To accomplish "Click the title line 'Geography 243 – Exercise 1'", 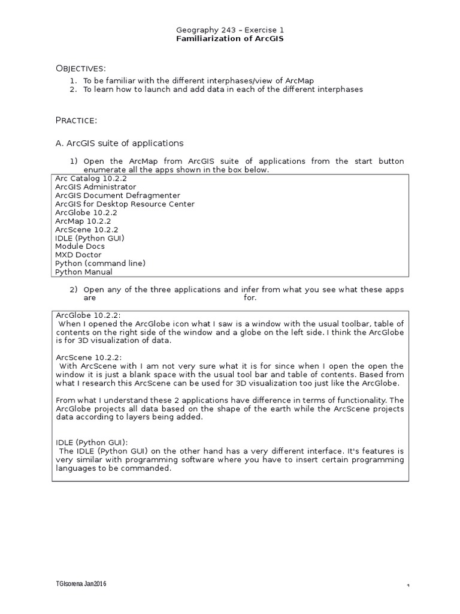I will pos(230,29).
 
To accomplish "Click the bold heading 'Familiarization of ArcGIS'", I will pos(230,38).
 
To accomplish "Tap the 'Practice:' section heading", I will pos(76,121).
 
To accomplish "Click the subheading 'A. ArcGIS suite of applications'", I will pos(119,143).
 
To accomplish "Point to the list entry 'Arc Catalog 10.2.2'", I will pos(91,179).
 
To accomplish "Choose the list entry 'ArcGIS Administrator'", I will pos(95,187).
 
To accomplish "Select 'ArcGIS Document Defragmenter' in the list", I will pos(117,195).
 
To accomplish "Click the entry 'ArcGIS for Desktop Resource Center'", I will pos(125,204).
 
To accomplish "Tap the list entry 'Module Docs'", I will pos(80,246).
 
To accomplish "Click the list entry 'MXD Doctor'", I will pos(78,255).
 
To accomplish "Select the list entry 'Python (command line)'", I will pos(100,263).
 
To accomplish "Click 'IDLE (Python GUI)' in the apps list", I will pos(90,238).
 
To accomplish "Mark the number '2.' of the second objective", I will pos(73,89).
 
